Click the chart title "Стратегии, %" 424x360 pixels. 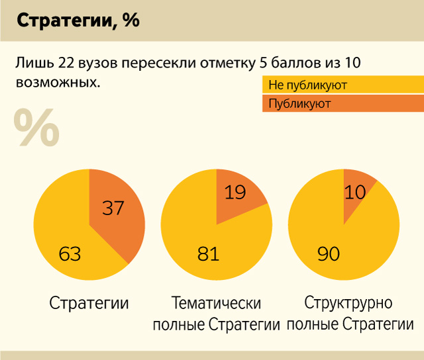pos(78,21)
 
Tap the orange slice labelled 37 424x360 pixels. pos(119,212)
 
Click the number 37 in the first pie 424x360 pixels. pos(114,208)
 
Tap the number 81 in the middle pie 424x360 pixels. pos(208,253)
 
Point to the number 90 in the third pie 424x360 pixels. pos(329,253)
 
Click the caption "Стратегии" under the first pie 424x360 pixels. pos(89,304)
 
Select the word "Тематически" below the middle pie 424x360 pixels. pos(216,304)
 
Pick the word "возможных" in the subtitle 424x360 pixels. pos(56,83)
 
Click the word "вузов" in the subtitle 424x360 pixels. pos(91,64)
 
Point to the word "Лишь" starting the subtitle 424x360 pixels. pos(29,64)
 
